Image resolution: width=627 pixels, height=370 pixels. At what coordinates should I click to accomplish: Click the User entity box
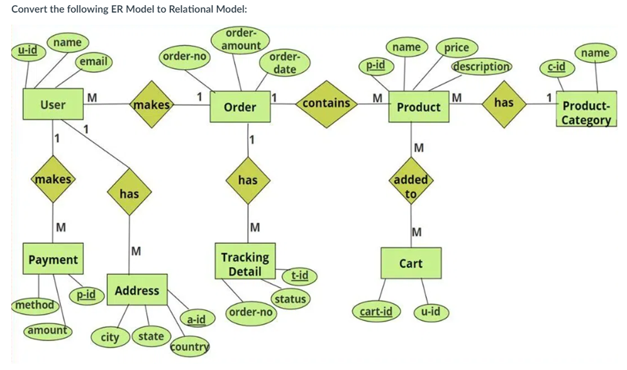tap(53, 104)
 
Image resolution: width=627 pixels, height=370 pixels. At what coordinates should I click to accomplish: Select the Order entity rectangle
tap(240, 108)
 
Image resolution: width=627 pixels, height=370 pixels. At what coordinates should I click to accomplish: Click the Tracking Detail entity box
tap(245, 264)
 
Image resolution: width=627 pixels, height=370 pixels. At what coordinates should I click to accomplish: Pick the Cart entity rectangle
tap(411, 264)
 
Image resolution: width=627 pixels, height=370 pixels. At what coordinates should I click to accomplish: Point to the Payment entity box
tap(53, 259)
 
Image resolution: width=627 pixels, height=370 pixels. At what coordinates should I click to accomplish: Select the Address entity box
tap(136, 290)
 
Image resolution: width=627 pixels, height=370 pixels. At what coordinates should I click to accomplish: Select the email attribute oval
tap(93, 62)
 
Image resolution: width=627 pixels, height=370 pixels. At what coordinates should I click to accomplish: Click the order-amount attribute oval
tap(241, 39)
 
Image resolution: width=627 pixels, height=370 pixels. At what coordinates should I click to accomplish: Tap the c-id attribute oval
tap(557, 67)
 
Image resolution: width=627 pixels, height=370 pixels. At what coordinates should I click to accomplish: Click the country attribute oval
tap(189, 346)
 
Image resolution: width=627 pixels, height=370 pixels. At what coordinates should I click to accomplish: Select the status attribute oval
tap(290, 299)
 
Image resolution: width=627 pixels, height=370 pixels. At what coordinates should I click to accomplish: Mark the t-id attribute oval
tap(299, 275)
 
